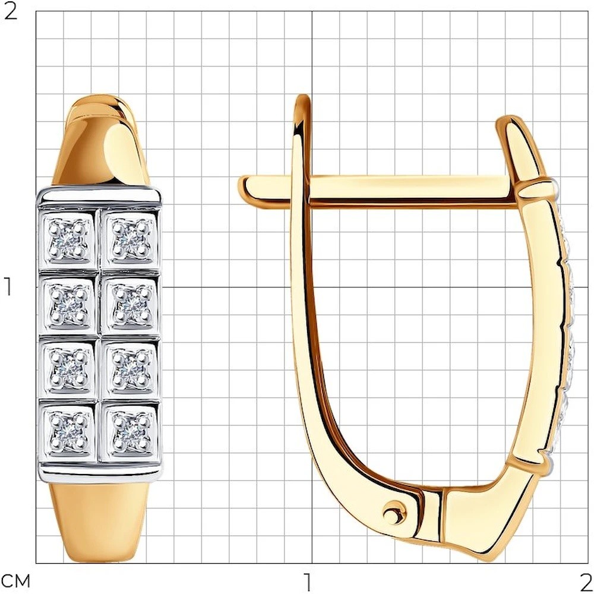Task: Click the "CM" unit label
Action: tap(16, 581)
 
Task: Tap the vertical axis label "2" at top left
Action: tap(10, 13)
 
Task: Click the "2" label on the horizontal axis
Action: tap(585, 581)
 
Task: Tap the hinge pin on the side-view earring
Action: tap(394, 514)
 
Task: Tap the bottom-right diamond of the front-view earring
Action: tap(131, 432)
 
